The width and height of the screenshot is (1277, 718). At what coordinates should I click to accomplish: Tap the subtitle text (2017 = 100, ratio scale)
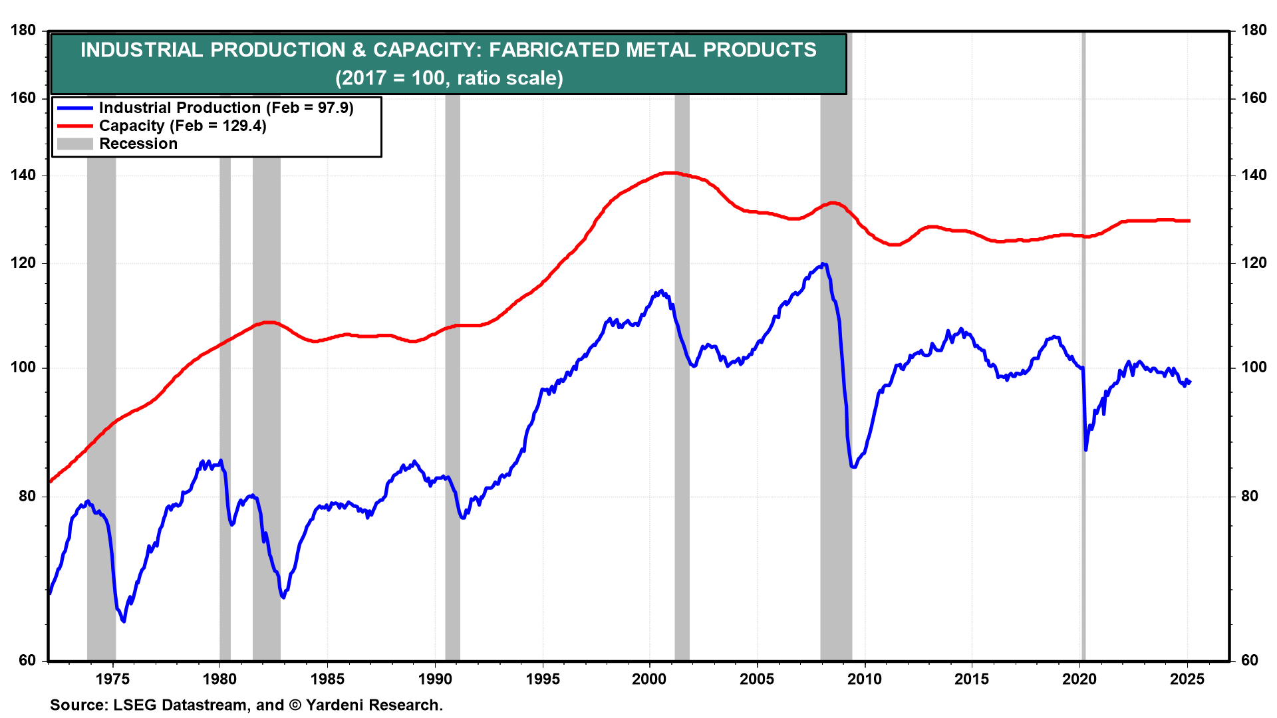tap(449, 78)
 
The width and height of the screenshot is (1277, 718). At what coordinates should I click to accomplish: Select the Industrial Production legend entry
tap(225, 108)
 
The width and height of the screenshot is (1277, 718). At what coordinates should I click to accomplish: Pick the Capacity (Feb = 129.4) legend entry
tap(182, 126)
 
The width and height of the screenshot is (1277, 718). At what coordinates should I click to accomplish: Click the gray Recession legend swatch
tap(74, 144)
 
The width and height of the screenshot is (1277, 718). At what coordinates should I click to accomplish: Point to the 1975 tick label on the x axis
tap(112, 679)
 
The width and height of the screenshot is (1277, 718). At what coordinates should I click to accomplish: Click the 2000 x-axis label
tap(649, 679)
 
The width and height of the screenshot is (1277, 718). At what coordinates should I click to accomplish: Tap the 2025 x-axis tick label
tap(1187, 679)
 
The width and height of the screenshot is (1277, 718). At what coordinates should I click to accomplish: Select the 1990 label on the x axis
tap(434, 679)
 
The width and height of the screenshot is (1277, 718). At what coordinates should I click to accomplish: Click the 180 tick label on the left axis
tap(23, 31)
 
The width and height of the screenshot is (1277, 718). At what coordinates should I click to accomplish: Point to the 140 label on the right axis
tap(1253, 176)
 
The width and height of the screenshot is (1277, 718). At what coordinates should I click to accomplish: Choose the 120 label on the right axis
tap(1253, 263)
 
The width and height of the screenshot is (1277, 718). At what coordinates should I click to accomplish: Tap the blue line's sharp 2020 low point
tap(1085, 450)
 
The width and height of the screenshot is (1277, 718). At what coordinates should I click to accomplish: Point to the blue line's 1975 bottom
tap(124, 621)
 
